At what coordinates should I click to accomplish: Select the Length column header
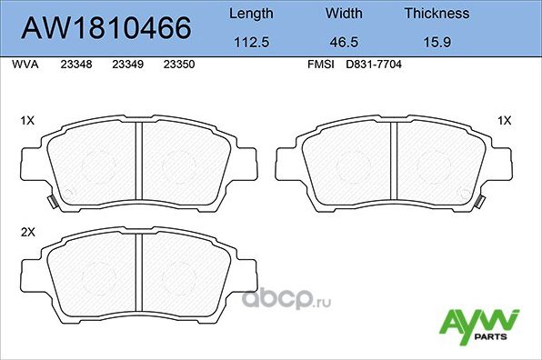point(250,14)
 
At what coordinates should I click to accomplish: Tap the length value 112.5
point(250,42)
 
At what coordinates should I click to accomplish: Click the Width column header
point(345,14)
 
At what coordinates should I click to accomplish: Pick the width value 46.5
point(345,42)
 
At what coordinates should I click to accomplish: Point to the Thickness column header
point(437,14)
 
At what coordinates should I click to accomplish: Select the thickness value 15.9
point(437,42)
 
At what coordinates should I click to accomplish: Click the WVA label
point(24,65)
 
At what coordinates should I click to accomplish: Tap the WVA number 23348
point(75,65)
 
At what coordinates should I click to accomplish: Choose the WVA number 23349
point(126,65)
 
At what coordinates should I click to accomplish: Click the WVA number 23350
point(177,65)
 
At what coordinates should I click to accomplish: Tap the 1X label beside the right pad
point(505,120)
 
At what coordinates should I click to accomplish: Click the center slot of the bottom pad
point(139,278)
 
